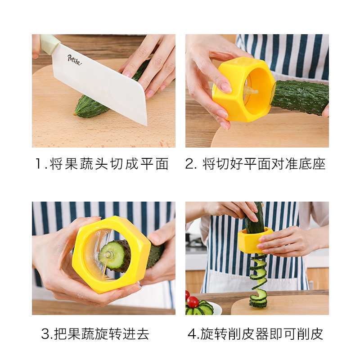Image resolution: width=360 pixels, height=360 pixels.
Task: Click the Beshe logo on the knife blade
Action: [x=74, y=60]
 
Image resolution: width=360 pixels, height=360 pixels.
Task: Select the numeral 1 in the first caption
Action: [x=39, y=163]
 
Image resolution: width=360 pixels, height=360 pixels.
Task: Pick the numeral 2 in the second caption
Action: [x=190, y=164]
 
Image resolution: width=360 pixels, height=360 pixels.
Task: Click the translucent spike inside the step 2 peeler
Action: [x=251, y=91]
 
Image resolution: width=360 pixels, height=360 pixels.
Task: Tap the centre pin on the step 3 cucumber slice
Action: [x=107, y=255]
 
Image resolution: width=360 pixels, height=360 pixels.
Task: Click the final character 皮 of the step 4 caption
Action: [x=317, y=334]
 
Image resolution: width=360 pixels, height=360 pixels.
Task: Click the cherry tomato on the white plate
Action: [x=193, y=301]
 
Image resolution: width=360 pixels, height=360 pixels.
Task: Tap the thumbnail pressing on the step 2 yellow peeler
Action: [x=226, y=87]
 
